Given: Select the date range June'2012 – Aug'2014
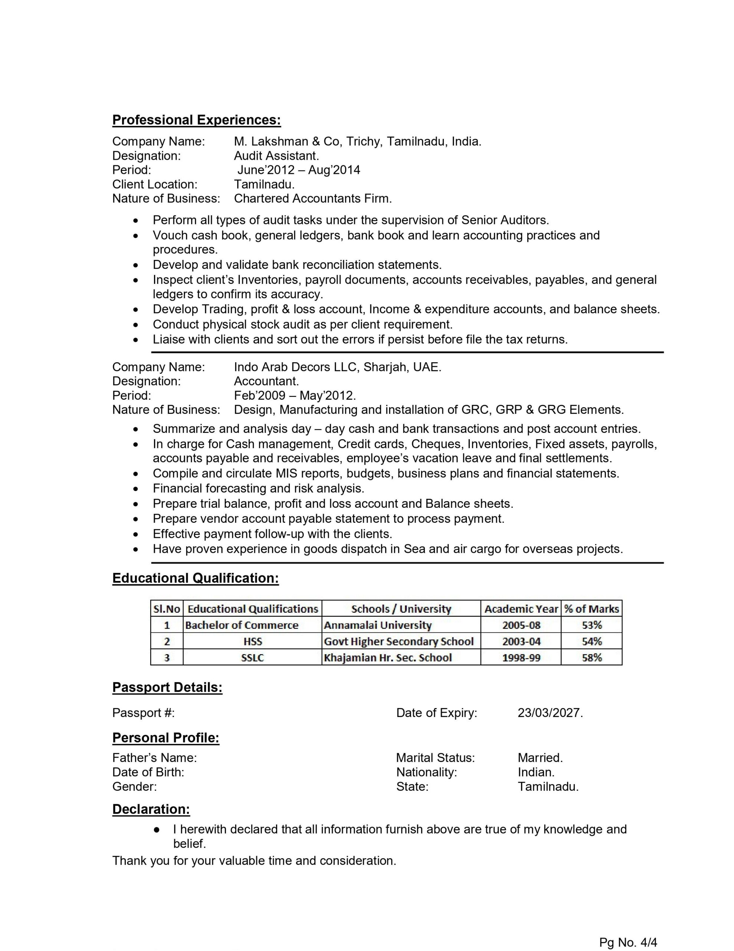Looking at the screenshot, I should click(298, 170).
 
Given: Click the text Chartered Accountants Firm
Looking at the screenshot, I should click(312, 199).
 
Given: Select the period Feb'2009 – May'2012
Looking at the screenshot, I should click(295, 395).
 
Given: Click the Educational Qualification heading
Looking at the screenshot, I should click(195, 578).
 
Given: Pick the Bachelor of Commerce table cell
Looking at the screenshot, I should click(242, 625).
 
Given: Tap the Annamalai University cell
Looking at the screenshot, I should click(377, 625).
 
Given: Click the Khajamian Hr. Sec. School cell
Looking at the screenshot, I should click(388, 658).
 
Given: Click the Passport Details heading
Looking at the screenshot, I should click(167, 688).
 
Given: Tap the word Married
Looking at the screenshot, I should click(540, 758).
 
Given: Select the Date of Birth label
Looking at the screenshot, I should click(148, 772).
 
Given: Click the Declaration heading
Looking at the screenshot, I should click(151, 809).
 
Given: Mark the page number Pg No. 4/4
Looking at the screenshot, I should click(628, 943).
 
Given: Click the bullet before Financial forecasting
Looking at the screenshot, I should click(136, 489).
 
